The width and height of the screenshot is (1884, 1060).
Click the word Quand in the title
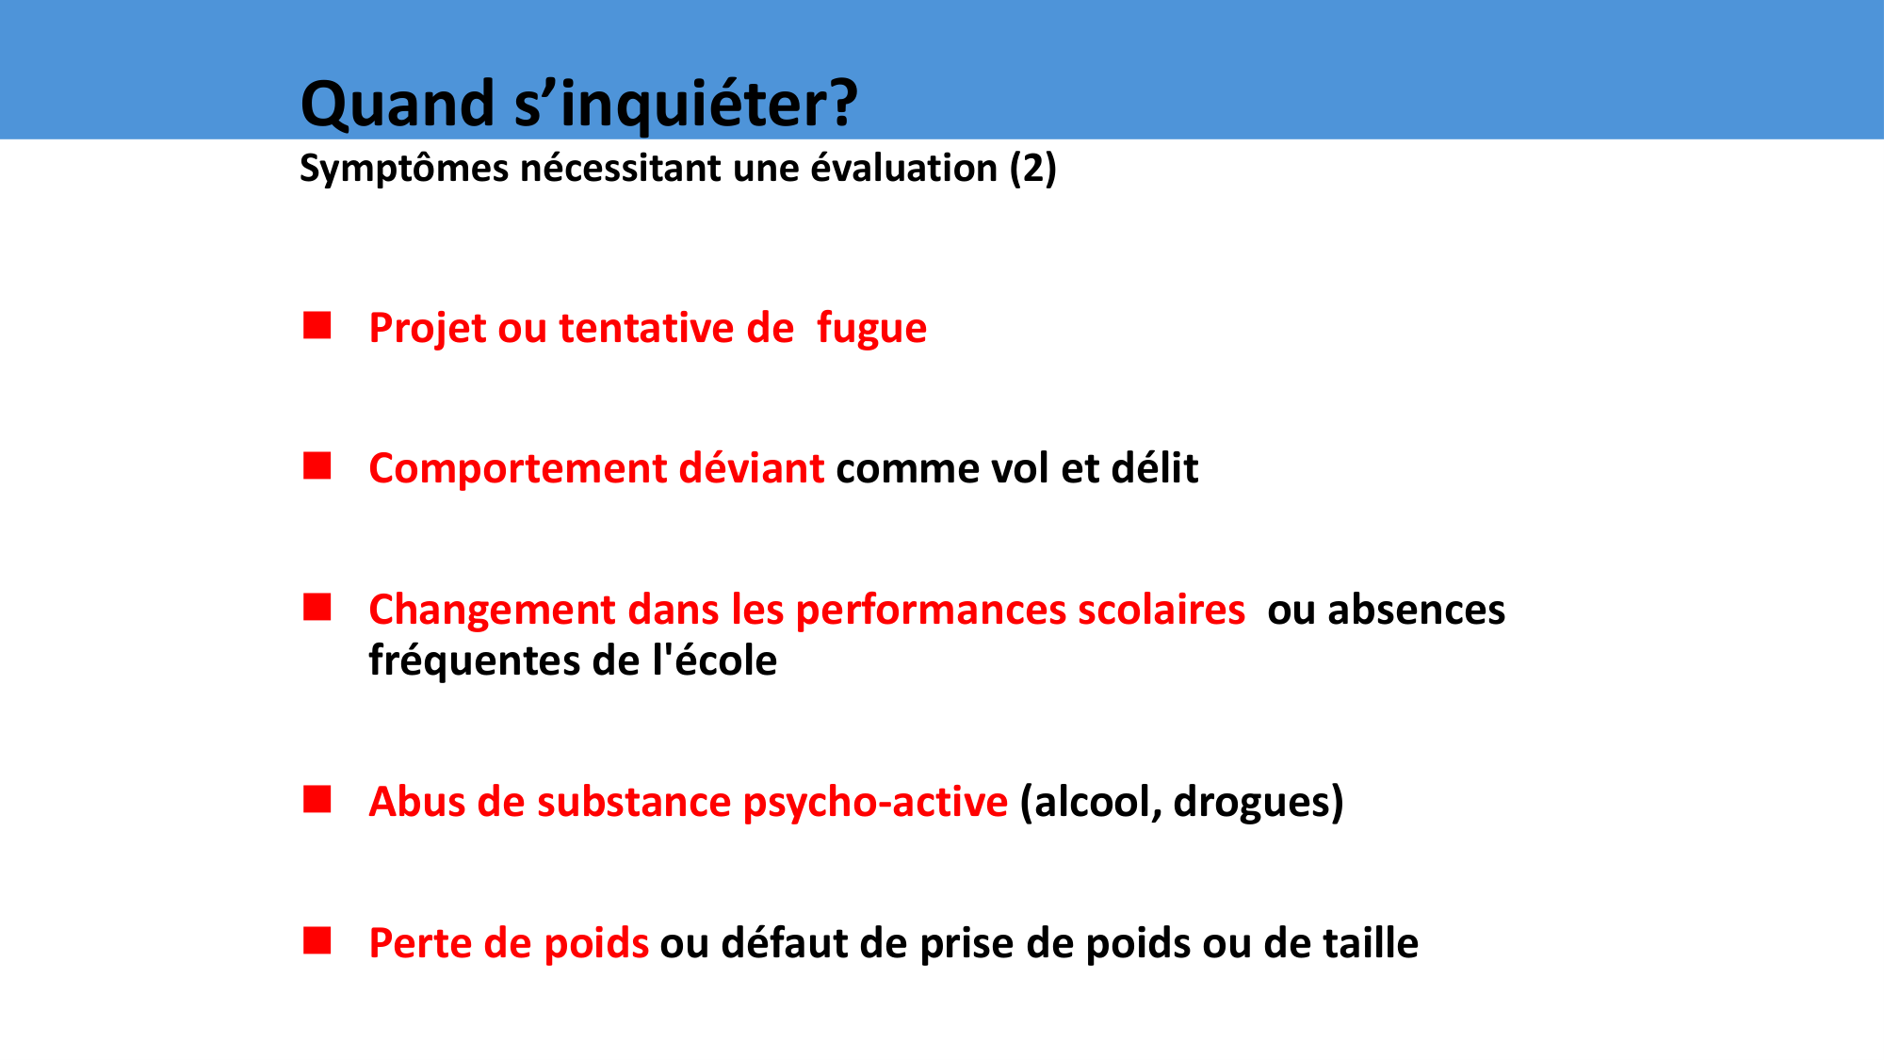[x=398, y=104]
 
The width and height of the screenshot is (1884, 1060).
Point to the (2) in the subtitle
[x=1033, y=169]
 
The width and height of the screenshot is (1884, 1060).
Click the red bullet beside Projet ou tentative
[x=317, y=326]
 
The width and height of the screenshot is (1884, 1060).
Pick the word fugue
[x=871, y=330]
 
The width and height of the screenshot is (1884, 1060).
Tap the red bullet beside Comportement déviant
[x=317, y=466]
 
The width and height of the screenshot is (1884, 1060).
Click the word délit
[x=1155, y=468]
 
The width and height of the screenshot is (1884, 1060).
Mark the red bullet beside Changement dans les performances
[x=317, y=608]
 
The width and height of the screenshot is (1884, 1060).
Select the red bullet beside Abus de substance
[x=317, y=800]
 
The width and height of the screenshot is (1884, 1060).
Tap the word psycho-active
[x=875, y=803]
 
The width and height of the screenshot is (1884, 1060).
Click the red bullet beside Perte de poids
[x=317, y=941]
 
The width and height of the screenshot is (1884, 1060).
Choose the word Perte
[x=420, y=943]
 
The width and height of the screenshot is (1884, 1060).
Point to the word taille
[x=1371, y=943]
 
